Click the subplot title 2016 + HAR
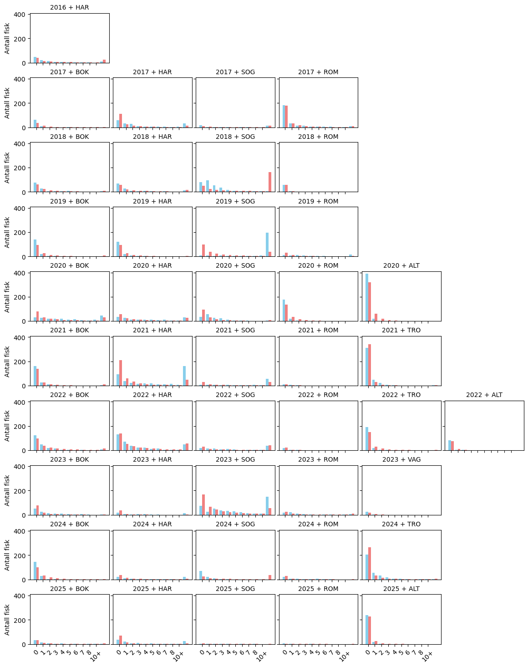(69, 7)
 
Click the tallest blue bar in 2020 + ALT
(367, 297)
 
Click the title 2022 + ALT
(484, 395)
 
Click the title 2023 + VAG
(401, 459)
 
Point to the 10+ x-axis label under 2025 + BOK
(96, 656)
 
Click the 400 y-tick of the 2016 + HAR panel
(20, 15)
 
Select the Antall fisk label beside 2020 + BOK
(7, 296)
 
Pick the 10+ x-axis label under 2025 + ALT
(427, 656)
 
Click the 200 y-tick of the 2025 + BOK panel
(20, 620)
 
